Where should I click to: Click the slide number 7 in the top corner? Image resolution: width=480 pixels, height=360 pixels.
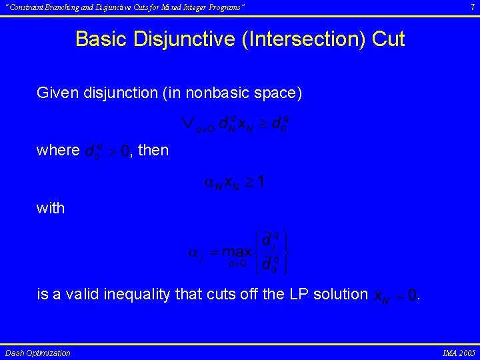[x=471, y=7]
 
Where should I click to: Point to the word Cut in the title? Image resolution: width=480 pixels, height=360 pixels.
[x=388, y=39]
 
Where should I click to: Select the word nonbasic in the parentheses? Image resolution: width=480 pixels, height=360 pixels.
[x=219, y=93]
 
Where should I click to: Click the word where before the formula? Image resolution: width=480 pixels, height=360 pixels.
[x=58, y=150]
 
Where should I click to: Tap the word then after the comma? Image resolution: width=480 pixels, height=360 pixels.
[x=153, y=150]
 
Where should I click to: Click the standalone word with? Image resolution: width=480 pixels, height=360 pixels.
[x=51, y=208]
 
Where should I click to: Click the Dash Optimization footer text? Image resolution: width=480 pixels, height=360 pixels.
[x=37, y=353]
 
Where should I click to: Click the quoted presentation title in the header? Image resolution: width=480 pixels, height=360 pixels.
[x=125, y=7]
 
